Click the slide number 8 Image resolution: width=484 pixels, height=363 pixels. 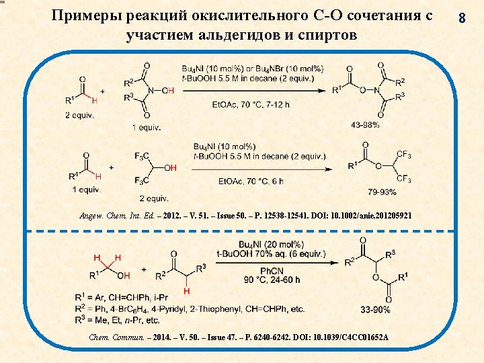[x=462, y=17]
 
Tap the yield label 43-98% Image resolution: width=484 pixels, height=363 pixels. [x=364, y=125]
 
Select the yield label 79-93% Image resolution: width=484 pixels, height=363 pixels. [x=382, y=192]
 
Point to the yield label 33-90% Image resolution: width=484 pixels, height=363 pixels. [x=375, y=309]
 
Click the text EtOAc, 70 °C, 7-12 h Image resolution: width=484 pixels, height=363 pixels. [x=251, y=105]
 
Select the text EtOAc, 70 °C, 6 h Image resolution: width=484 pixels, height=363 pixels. [x=251, y=182]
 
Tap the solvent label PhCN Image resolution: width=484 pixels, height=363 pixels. [x=272, y=271]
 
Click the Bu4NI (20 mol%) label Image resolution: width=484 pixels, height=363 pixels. [x=272, y=245]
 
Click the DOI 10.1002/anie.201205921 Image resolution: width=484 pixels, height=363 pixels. [x=371, y=216]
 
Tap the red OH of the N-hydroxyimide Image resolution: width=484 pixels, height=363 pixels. [x=168, y=91]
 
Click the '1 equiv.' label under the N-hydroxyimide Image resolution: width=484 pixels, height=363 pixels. [x=147, y=128]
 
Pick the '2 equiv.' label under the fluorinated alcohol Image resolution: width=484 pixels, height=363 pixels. [x=154, y=198]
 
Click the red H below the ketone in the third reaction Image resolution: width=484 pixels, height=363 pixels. [x=186, y=291]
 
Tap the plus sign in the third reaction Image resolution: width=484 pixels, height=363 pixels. [x=144, y=270]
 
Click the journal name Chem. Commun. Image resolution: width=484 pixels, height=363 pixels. [x=116, y=337]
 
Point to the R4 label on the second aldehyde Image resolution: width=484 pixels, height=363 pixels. [x=73, y=176]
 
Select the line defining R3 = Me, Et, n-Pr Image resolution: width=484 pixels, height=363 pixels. [x=117, y=320]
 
